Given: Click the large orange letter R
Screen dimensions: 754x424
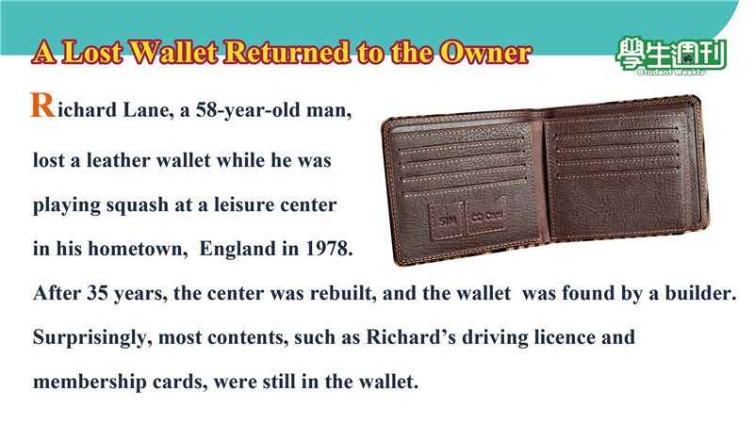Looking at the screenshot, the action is [42, 106].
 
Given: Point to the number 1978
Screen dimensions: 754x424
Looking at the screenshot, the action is [329, 249].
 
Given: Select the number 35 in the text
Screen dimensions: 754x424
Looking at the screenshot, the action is [98, 293].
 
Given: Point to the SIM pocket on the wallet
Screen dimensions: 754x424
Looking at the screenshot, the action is [447, 220].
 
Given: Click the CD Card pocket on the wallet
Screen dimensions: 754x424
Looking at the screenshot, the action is [486, 217].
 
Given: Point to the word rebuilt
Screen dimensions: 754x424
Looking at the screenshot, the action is [343, 293].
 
